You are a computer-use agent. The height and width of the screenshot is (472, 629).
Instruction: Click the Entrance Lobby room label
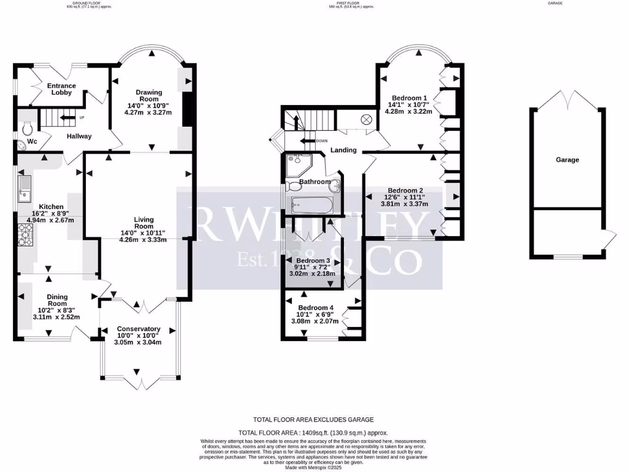61,89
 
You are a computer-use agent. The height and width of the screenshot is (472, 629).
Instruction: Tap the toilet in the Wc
27,129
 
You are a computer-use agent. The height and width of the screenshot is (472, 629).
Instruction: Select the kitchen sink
26,189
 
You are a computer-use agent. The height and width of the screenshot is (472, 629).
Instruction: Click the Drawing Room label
149,96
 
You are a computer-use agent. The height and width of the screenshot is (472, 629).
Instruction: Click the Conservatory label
139,329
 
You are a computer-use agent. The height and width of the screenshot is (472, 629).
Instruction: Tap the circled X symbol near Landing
367,120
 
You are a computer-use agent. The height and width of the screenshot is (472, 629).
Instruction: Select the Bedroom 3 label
313,261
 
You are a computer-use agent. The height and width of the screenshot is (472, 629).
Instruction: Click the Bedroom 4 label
316,307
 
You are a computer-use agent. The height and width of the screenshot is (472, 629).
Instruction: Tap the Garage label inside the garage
568,160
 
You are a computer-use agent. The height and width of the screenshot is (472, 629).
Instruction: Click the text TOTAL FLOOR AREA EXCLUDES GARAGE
314,420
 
